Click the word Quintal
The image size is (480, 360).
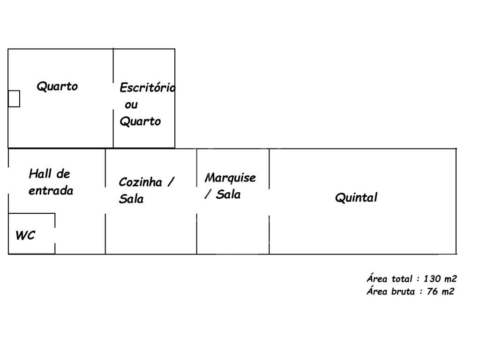[356, 197]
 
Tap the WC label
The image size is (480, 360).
[25, 235]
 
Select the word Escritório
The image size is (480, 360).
[148, 88]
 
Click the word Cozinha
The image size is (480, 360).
[141, 182]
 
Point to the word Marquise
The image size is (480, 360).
[230, 178]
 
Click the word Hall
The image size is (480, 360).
[40, 173]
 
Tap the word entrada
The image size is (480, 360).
[51, 191]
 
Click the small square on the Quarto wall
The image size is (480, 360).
[14, 98]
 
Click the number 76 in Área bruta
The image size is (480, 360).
[432, 291]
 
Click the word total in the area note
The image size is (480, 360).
[402, 278]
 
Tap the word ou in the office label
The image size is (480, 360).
[131, 105]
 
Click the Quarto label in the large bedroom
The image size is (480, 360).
[57, 86]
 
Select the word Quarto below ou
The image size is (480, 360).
[140, 121]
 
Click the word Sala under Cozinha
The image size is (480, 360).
[131, 199]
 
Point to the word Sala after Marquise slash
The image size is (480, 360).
[228, 195]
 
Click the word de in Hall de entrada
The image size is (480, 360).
[63, 174]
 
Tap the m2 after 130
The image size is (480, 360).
[450, 278]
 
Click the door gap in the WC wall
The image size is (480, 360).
[55, 235]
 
